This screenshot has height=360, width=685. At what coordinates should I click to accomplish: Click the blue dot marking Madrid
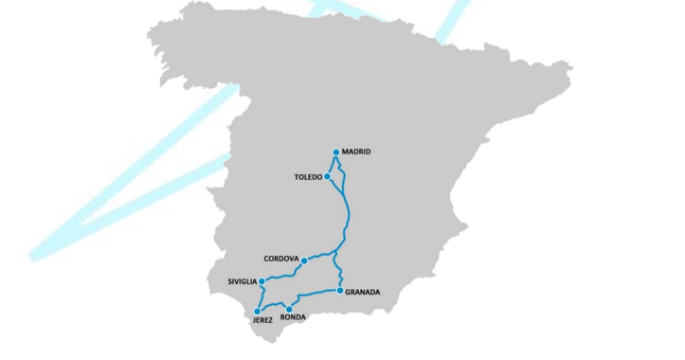336,153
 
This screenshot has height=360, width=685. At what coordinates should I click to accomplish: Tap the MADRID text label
356,152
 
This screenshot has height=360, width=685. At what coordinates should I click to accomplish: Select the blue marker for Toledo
327,176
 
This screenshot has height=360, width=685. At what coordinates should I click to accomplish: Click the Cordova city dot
304,260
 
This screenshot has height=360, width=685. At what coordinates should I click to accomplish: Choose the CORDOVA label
281,259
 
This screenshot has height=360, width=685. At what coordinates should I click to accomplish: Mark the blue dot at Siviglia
261,281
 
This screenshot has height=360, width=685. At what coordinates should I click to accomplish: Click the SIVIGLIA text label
242,281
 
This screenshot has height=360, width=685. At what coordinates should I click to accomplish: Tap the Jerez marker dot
257,311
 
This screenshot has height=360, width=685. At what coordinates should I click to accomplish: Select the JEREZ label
262,320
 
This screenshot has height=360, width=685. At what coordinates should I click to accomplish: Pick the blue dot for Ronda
289,309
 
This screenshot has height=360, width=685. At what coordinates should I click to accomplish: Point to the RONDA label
294,318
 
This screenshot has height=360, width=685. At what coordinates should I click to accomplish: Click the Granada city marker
340,290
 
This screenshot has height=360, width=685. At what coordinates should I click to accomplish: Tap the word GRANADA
363,293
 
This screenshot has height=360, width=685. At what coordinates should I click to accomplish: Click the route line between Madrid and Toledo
331,165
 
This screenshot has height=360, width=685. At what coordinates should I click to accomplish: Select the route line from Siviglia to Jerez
261,296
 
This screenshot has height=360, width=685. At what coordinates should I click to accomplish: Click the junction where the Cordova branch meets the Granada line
336,253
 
